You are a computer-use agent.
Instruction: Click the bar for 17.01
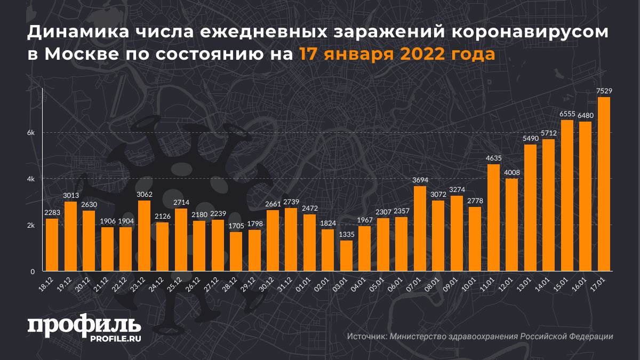pos(604,184)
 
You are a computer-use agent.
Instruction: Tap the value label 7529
pos(604,92)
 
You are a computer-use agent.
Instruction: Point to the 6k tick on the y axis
pos(31,133)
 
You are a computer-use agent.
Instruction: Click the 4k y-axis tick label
pos(31,179)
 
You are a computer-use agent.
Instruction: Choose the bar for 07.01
pos(420,228)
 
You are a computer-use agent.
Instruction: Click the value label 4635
pos(493,158)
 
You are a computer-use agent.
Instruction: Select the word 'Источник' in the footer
pos(366,337)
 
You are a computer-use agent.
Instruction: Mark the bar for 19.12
pos(71,236)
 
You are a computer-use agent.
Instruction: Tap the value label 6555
pos(567,114)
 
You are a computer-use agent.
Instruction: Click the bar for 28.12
pos(236,252)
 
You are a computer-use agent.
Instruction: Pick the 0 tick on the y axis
pos(33,271)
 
